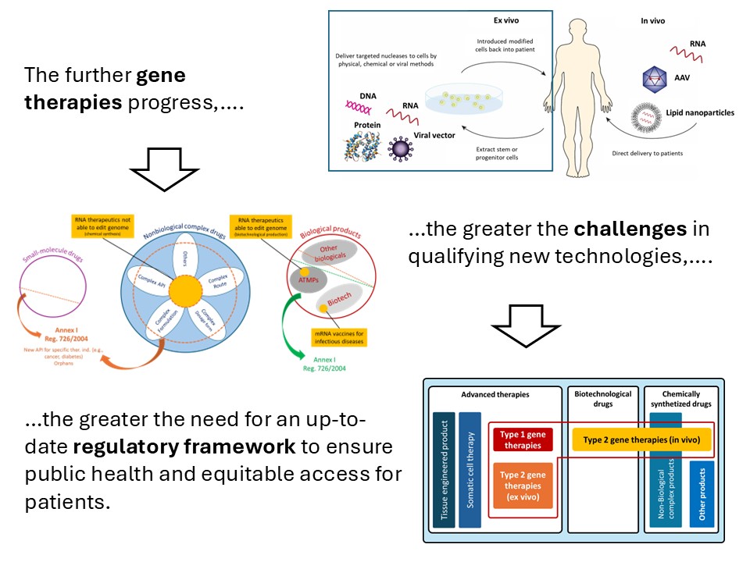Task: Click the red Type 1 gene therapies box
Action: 522,439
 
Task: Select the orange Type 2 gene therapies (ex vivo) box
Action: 523,485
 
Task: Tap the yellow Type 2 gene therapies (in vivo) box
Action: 641,439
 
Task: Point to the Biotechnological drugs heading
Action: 602,399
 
